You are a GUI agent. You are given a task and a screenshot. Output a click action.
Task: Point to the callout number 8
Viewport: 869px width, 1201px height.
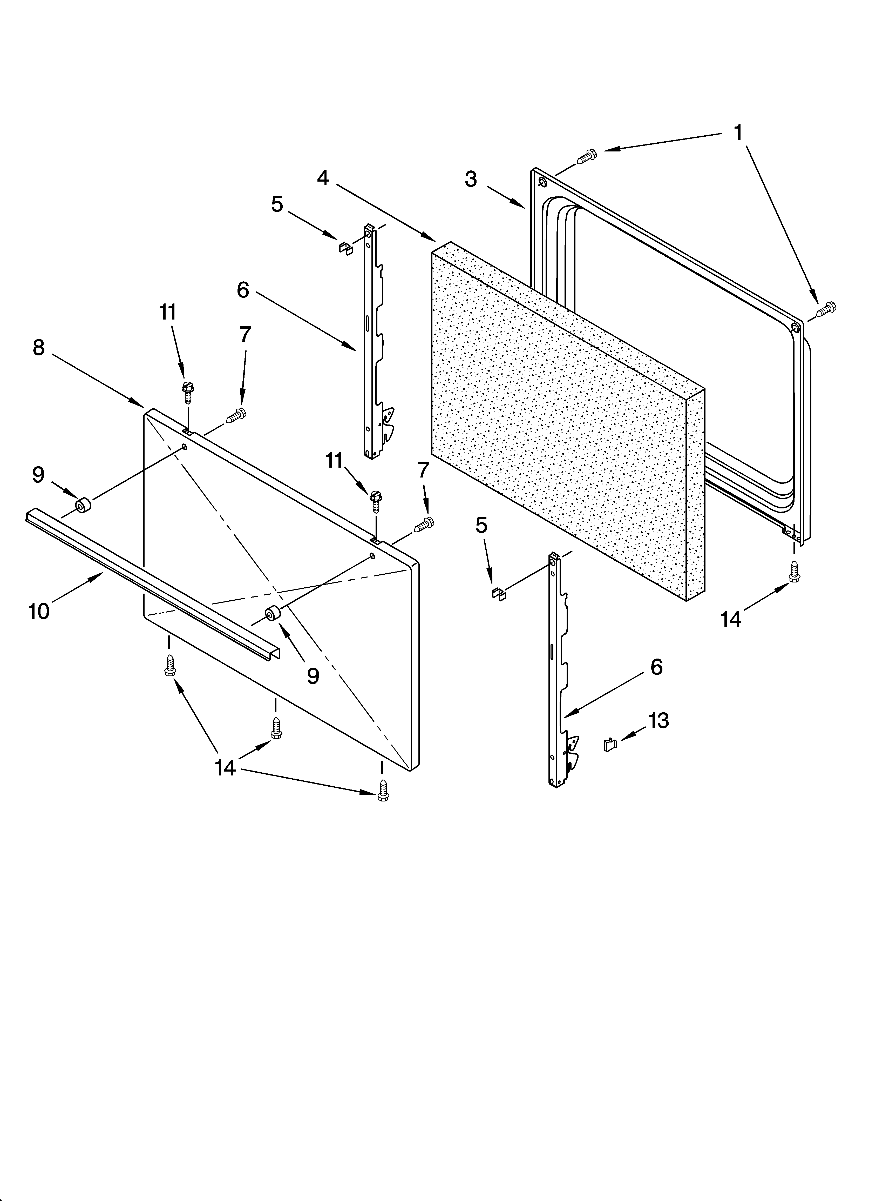39,348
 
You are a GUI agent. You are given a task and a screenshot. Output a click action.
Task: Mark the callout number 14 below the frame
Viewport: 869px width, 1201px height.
731,618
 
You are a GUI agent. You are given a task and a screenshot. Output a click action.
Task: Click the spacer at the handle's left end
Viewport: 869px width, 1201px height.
82,506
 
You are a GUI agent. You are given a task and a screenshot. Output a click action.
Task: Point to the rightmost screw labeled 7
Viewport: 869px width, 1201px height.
424,524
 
